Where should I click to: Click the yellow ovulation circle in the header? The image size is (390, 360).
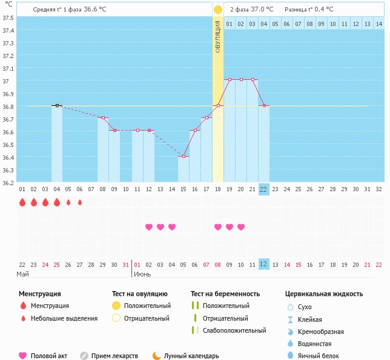pos(218,10)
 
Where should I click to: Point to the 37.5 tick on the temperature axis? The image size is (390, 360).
pos(9,18)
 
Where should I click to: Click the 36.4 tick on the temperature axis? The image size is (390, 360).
pos(9,157)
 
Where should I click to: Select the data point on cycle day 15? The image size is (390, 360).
pos(183,156)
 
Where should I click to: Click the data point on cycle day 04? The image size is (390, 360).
pos(57,105)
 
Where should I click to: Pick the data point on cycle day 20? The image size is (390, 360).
pos(241,79)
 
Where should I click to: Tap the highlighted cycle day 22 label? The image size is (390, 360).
pos(263,189)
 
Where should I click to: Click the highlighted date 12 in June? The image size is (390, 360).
pos(263,264)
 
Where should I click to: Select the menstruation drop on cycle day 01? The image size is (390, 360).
pos(22,203)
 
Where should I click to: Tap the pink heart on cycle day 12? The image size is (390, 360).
pos(149,227)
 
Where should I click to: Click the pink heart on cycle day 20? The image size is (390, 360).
pos(241,227)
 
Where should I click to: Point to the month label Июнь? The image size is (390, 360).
pos(142,274)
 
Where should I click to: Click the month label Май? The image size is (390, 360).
pos(22,274)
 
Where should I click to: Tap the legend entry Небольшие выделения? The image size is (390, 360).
pos(64,318)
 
